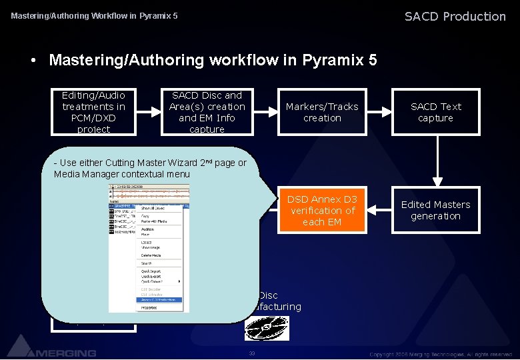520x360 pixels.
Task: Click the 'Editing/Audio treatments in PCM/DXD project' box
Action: pos(93,112)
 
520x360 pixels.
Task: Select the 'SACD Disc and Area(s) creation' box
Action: pos(207,112)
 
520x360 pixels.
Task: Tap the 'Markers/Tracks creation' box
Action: pos(322,112)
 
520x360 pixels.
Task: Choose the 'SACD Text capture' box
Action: pos(435,112)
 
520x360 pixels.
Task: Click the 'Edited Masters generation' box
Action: pos(435,210)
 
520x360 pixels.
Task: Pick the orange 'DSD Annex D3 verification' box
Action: pos(322,210)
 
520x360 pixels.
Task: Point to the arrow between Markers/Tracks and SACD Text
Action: pos(379,112)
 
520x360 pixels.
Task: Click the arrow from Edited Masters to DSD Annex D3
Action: pos(379,210)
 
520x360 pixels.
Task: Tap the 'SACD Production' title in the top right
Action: pos(455,16)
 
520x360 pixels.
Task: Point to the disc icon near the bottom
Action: pos(266,327)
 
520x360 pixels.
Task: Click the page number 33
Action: pos(251,353)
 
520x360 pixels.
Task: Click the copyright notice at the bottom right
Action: pos(441,353)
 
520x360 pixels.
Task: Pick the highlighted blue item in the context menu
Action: pos(159,300)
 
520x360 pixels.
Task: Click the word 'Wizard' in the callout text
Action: pos(176,163)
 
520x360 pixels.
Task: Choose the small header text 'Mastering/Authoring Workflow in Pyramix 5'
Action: pos(94,15)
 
